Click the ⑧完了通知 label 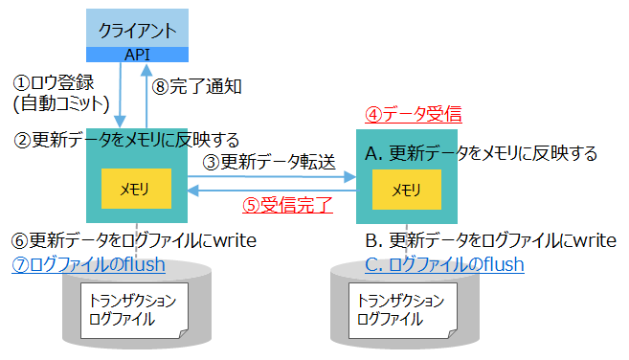click(x=197, y=85)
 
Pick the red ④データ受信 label click(x=414, y=115)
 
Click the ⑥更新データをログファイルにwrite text click(x=133, y=239)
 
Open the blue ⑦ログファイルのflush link click(x=88, y=263)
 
